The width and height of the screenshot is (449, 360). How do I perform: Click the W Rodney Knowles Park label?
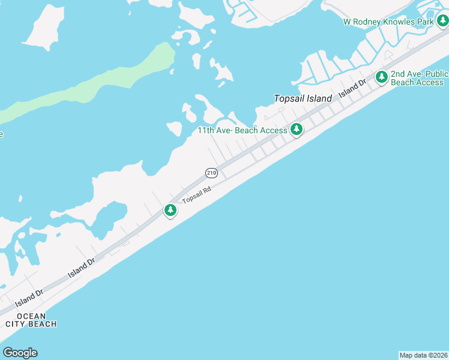(388, 22)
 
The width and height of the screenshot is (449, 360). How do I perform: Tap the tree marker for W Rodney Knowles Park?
(442, 22)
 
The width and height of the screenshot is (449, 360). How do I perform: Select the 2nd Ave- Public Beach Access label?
(419, 78)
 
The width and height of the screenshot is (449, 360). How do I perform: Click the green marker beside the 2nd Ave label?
(381, 77)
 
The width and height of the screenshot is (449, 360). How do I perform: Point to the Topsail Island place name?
(303, 98)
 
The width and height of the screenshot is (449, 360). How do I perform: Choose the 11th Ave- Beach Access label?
(243, 130)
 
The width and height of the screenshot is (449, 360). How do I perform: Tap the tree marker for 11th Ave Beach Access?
(297, 129)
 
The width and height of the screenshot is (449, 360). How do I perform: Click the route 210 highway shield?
(211, 173)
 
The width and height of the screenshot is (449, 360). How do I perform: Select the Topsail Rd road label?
(197, 195)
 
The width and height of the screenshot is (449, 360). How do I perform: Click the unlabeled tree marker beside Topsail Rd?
(171, 211)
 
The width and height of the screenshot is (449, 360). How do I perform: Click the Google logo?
(20, 353)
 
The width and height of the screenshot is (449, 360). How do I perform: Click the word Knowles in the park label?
(400, 22)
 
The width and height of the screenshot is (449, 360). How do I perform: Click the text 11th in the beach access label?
(207, 130)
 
